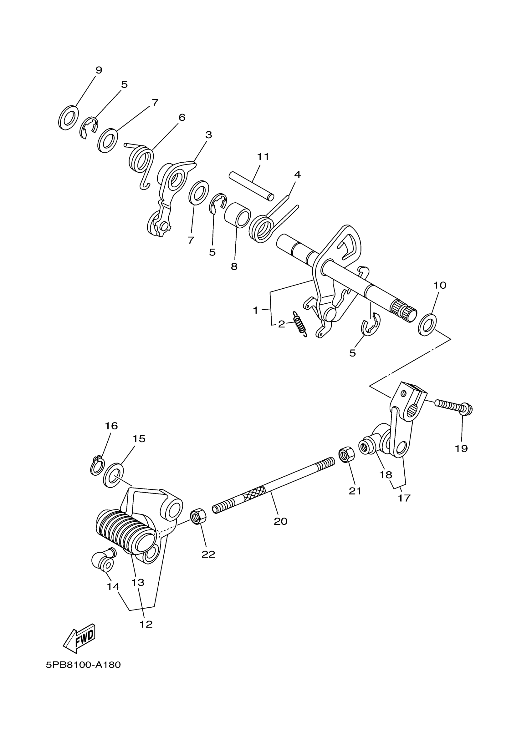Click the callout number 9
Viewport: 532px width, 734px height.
(99, 70)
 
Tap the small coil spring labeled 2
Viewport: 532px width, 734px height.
(300, 324)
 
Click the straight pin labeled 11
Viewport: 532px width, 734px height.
(251, 186)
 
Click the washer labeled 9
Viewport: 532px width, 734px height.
(69, 118)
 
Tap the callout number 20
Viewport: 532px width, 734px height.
(280, 521)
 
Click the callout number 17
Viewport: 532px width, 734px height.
(404, 498)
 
